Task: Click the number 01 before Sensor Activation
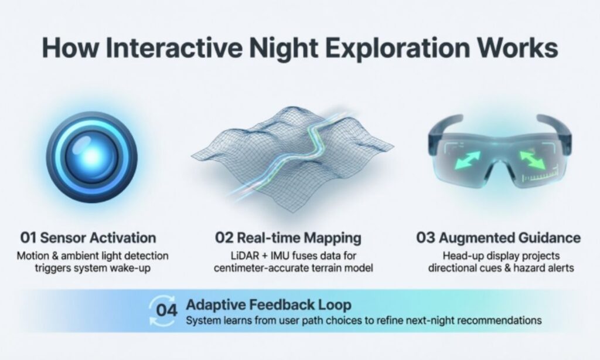point(29,238)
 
